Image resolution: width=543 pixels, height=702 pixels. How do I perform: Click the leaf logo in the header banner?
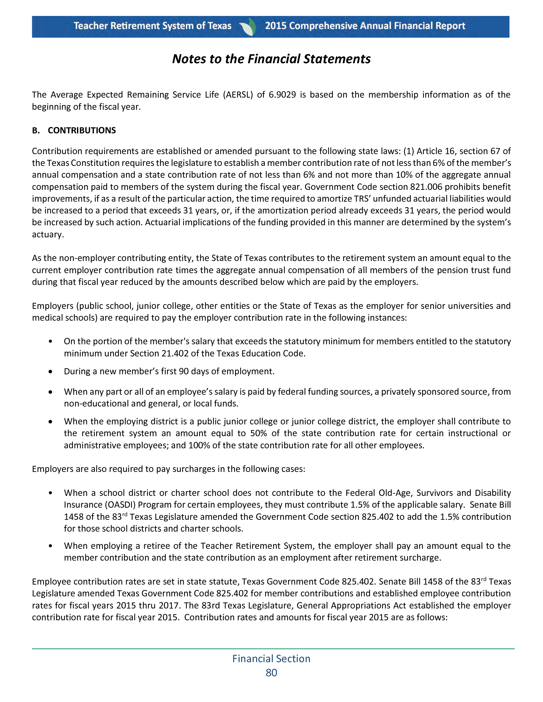point(248,27)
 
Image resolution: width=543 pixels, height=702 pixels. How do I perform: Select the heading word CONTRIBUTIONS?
point(82,131)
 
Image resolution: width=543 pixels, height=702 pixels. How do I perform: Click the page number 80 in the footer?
point(271,673)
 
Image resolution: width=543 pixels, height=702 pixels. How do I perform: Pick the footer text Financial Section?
point(271,659)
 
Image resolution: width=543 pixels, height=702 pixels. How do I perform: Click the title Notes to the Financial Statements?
point(271,59)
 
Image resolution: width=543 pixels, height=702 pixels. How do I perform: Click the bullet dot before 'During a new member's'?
point(50,371)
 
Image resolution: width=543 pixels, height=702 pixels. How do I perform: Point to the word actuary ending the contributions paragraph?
point(48,235)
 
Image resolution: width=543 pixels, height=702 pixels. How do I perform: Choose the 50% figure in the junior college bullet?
point(258,433)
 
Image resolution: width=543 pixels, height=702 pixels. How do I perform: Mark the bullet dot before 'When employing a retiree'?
point(50,546)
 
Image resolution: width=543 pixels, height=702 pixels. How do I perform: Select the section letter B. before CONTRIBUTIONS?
point(36,131)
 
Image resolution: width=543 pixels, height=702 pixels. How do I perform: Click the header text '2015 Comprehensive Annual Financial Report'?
point(365,26)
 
